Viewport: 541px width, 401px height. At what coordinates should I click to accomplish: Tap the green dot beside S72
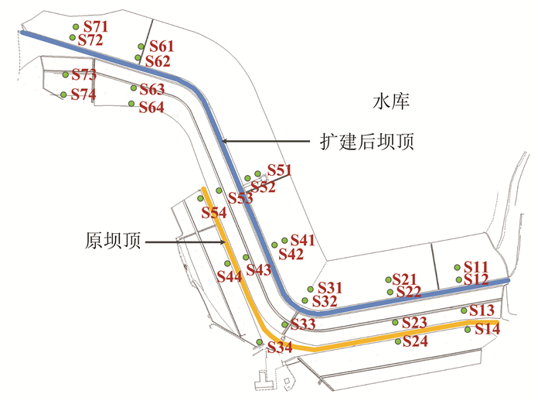point(73,37)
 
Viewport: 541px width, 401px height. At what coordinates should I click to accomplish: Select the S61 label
point(162,46)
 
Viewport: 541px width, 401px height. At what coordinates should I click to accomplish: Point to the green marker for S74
point(63,95)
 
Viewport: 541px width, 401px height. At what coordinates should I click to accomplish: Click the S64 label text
point(151,108)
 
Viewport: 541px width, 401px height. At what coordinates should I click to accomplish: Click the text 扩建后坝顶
point(366,142)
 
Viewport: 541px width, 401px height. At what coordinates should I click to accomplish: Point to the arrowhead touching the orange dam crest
point(223,242)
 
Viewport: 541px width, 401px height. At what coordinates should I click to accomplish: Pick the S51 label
point(280,170)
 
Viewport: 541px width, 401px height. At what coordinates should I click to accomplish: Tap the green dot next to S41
point(284,241)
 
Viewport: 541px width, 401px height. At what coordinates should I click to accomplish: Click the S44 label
point(230,276)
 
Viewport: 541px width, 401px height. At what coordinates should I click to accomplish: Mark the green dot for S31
point(311,288)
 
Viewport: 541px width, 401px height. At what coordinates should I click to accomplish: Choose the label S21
point(406,279)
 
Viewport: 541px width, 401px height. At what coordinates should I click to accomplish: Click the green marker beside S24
point(398,341)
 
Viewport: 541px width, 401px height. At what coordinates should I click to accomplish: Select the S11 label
point(476,266)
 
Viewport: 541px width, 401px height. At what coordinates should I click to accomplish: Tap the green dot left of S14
point(468,330)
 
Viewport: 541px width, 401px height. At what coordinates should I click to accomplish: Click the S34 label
point(280,348)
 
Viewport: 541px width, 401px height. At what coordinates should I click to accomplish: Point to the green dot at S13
point(464,310)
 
